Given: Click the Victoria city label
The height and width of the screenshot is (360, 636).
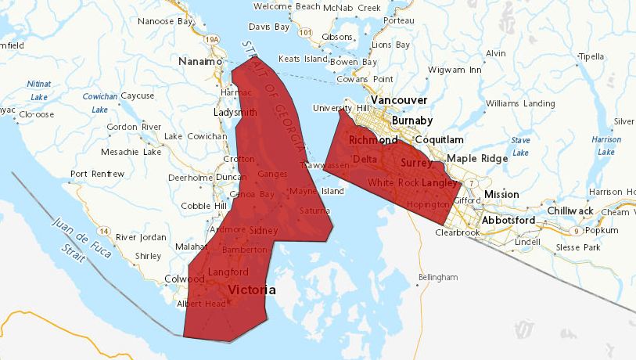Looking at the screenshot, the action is point(251,290).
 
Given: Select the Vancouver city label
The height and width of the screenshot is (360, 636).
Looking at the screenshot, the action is point(399,100).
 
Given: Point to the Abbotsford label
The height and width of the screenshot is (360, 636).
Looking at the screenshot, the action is point(508,220).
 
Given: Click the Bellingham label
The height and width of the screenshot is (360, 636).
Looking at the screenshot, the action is point(437,277).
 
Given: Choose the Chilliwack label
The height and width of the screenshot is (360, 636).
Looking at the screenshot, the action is point(573,211).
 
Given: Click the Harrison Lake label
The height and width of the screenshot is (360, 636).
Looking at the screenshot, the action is point(606,146).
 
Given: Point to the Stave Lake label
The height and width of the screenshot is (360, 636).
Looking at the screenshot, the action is point(520,146).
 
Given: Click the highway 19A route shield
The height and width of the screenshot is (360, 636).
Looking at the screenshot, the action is point(210,38).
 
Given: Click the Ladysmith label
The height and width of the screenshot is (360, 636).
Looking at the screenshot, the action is point(235,113).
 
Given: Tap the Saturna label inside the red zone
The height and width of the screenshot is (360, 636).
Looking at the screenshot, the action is point(314,211).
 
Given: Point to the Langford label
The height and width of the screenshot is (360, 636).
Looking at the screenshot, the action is point(228,272).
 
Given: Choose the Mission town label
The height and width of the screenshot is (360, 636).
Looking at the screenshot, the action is point(501,194).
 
